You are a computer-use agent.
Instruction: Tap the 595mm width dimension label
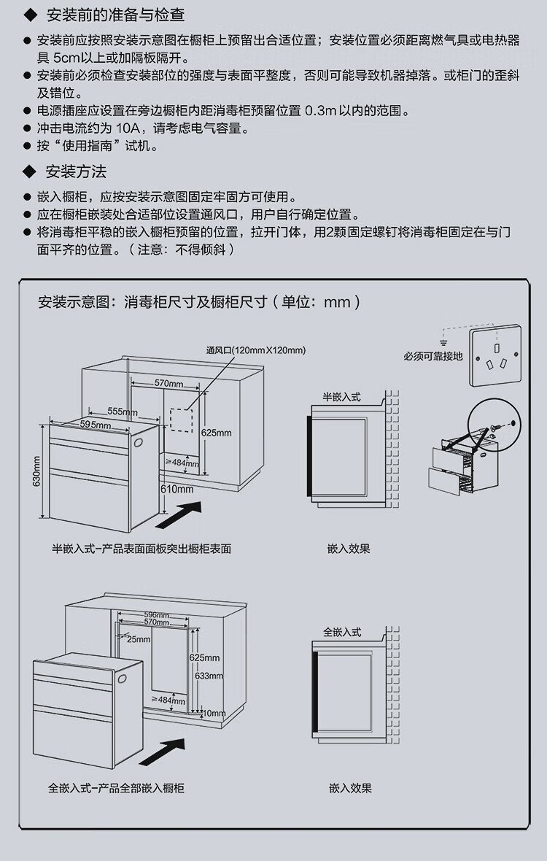pyautogui.click(x=96, y=425)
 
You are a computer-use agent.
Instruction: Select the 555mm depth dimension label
pyautogui.click(x=122, y=412)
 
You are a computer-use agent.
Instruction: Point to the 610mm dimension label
pyautogui.click(x=177, y=488)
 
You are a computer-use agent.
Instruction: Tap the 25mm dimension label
pyautogui.click(x=138, y=639)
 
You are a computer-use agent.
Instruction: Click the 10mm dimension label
pyautogui.click(x=215, y=713)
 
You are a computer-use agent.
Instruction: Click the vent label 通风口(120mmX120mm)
pyautogui.click(x=256, y=350)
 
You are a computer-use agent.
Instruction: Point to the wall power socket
pyautogui.click(x=495, y=357)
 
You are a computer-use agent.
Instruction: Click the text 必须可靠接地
pyautogui.click(x=432, y=357)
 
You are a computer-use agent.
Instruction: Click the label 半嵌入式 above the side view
pyautogui.click(x=341, y=397)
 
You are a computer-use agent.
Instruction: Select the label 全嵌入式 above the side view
pyautogui.click(x=341, y=632)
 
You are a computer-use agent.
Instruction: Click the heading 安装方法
pyautogui.click(x=76, y=172)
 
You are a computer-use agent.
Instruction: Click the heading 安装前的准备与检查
pyautogui.click(x=115, y=15)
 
